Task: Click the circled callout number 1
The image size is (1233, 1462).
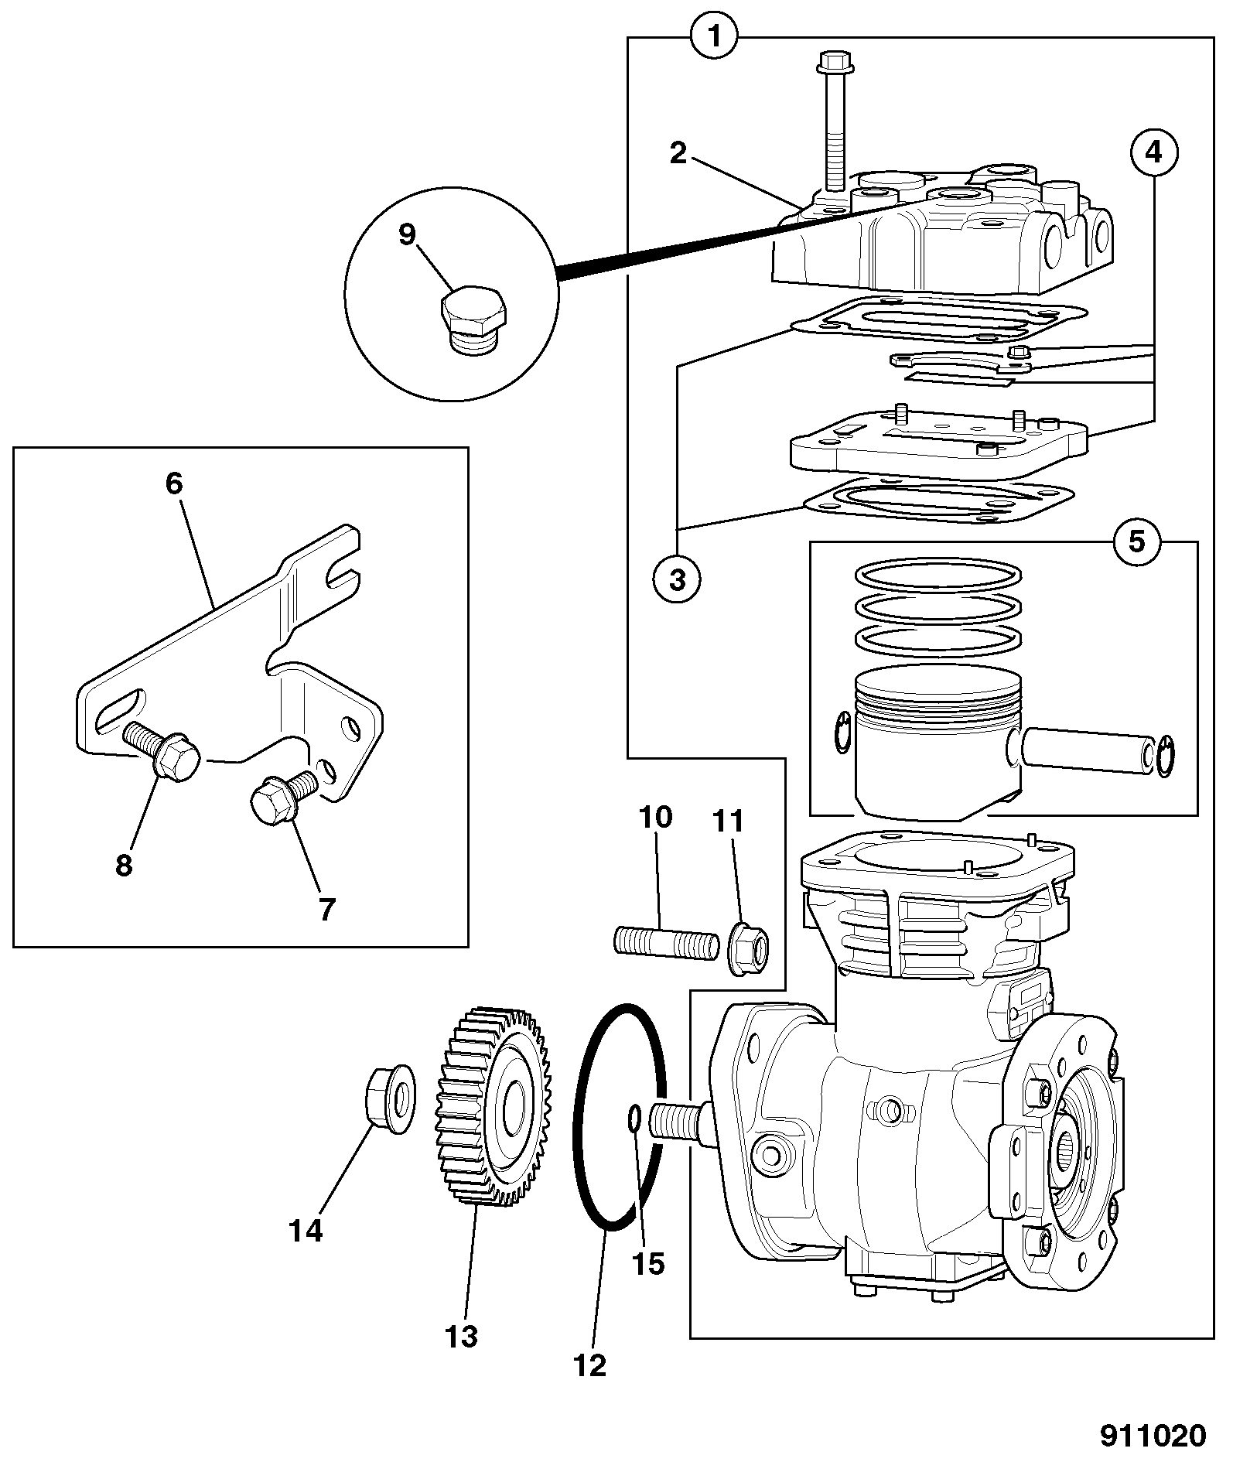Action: click(715, 36)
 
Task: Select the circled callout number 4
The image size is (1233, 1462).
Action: click(1153, 152)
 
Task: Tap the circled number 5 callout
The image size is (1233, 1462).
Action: click(1136, 541)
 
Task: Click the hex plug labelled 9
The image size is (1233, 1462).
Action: click(474, 321)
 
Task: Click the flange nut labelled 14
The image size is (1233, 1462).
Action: click(388, 1099)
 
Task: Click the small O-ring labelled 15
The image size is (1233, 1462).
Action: click(634, 1118)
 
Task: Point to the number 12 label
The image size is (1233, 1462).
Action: click(590, 1365)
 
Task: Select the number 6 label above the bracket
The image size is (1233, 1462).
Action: click(174, 484)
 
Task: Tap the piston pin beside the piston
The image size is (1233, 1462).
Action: click(1089, 750)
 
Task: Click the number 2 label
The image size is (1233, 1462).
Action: click(678, 153)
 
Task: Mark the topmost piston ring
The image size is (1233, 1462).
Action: click(938, 575)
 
